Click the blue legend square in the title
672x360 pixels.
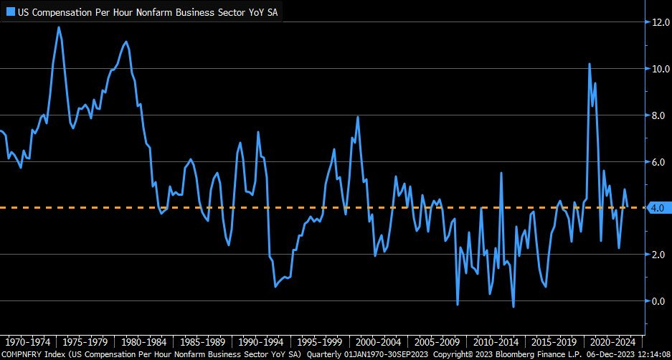tap(11, 11)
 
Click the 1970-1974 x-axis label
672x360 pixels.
tap(28, 343)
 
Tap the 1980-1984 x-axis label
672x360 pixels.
tap(146, 343)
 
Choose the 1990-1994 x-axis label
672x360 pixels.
tap(262, 343)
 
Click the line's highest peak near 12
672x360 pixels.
tap(59, 27)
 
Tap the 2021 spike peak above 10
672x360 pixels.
tap(589, 64)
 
